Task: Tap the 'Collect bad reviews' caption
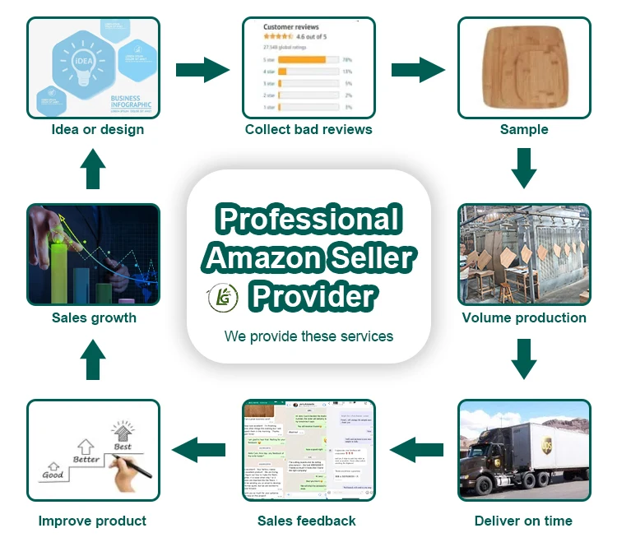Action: tap(308, 129)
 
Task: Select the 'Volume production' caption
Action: tap(524, 317)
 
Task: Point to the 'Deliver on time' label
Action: tap(523, 521)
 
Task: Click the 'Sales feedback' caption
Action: tap(307, 521)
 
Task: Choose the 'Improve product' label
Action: tap(92, 521)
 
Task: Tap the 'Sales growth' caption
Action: tap(94, 317)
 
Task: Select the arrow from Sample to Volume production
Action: tap(523, 168)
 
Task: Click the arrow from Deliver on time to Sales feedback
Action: tap(416, 449)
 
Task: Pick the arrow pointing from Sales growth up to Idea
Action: tap(94, 169)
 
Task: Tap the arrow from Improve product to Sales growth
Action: tap(94, 359)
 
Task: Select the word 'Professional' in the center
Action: tap(309, 220)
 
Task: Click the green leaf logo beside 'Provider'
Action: tap(223, 297)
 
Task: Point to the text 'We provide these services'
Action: tap(308, 336)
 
